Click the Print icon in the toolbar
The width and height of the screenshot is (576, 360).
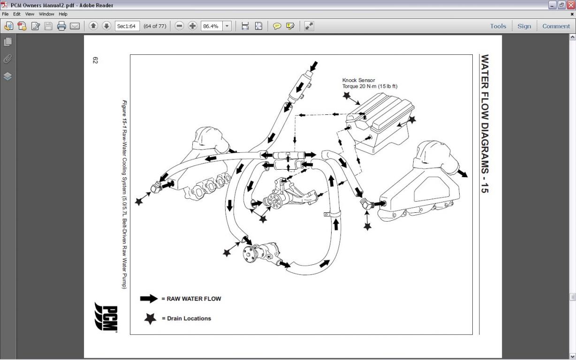point(61,26)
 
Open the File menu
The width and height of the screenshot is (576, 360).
point(5,14)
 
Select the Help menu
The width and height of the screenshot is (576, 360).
point(63,14)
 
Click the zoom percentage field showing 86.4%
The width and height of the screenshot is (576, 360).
point(211,26)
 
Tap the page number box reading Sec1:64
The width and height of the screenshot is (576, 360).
point(127,26)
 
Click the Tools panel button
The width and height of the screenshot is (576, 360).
point(498,26)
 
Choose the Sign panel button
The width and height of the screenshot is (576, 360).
point(524,26)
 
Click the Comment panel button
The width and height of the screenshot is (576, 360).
point(556,26)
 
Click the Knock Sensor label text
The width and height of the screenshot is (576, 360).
point(359,80)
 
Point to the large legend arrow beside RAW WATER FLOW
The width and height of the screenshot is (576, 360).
point(149,299)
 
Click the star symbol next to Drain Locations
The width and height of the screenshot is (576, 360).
point(150,318)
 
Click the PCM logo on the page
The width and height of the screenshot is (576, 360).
point(106,317)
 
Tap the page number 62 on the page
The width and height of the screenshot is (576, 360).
point(95,60)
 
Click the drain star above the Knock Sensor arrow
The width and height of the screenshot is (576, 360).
point(347,96)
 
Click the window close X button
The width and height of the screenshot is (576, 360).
point(570,5)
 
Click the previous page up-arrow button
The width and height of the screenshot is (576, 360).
point(93,26)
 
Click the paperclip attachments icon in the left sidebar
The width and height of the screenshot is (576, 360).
point(8,59)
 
